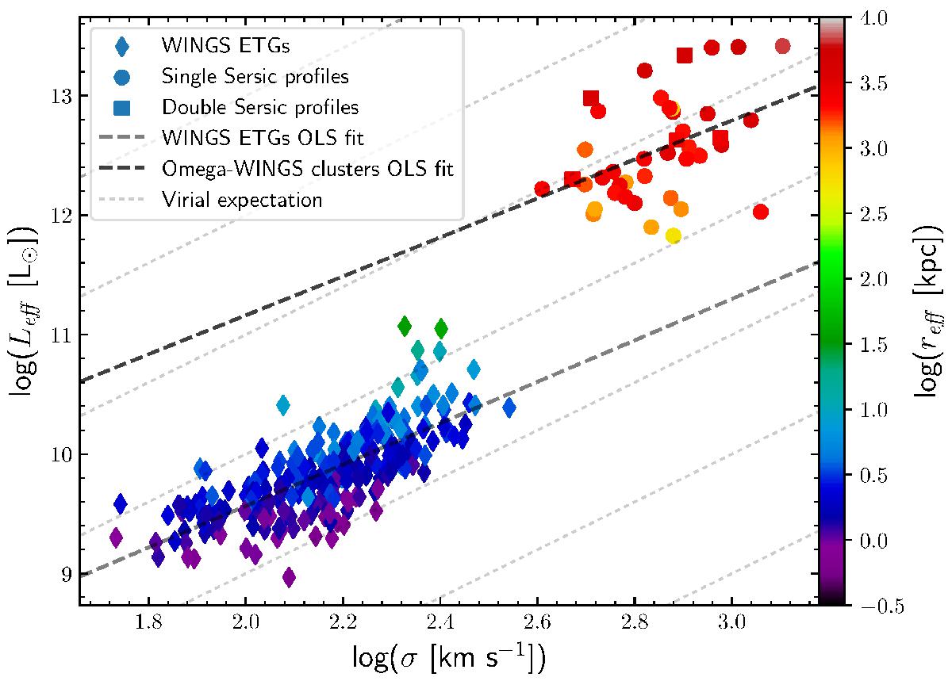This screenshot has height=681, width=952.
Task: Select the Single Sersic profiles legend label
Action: (255, 77)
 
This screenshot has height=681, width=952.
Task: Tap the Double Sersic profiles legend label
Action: (259, 106)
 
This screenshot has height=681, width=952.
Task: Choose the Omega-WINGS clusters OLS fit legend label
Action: (307, 169)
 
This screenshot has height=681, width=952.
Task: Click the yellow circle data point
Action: (674, 235)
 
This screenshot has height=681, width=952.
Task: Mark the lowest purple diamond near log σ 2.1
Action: (289, 576)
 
